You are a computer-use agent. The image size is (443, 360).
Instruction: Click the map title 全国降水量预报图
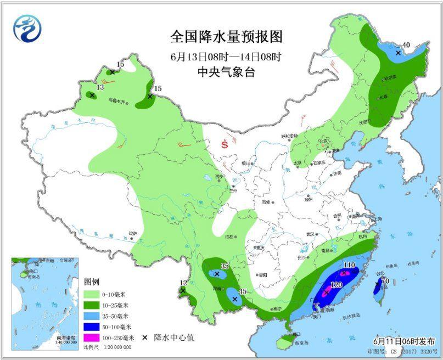click(226, 37)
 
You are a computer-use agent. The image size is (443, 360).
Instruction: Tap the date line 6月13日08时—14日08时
click(226, 55)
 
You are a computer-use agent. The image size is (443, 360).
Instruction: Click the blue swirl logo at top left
click(27, 28)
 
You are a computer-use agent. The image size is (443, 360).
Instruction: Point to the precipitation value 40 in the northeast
click(406, 45)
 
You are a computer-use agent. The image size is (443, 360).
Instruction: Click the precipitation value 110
click(350, 266)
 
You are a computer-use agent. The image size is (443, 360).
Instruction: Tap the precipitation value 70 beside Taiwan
click(385, 281)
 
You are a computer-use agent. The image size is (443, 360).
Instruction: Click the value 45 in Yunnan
click(242, 291)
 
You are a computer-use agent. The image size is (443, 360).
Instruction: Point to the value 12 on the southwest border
click(183, 283)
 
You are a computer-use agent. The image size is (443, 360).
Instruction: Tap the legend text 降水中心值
click(173, 337)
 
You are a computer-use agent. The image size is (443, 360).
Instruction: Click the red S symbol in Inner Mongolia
click(225, 145)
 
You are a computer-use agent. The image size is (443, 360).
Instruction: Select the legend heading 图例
click(92, 282)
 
